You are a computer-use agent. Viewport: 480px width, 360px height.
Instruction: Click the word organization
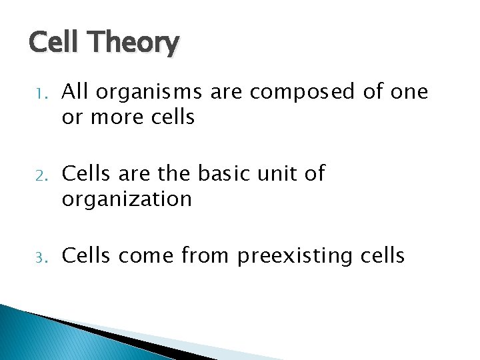point(127,199)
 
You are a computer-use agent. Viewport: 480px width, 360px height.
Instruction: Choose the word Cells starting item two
point(85,173)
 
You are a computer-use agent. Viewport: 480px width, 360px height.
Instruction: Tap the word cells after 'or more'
point(171,117)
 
